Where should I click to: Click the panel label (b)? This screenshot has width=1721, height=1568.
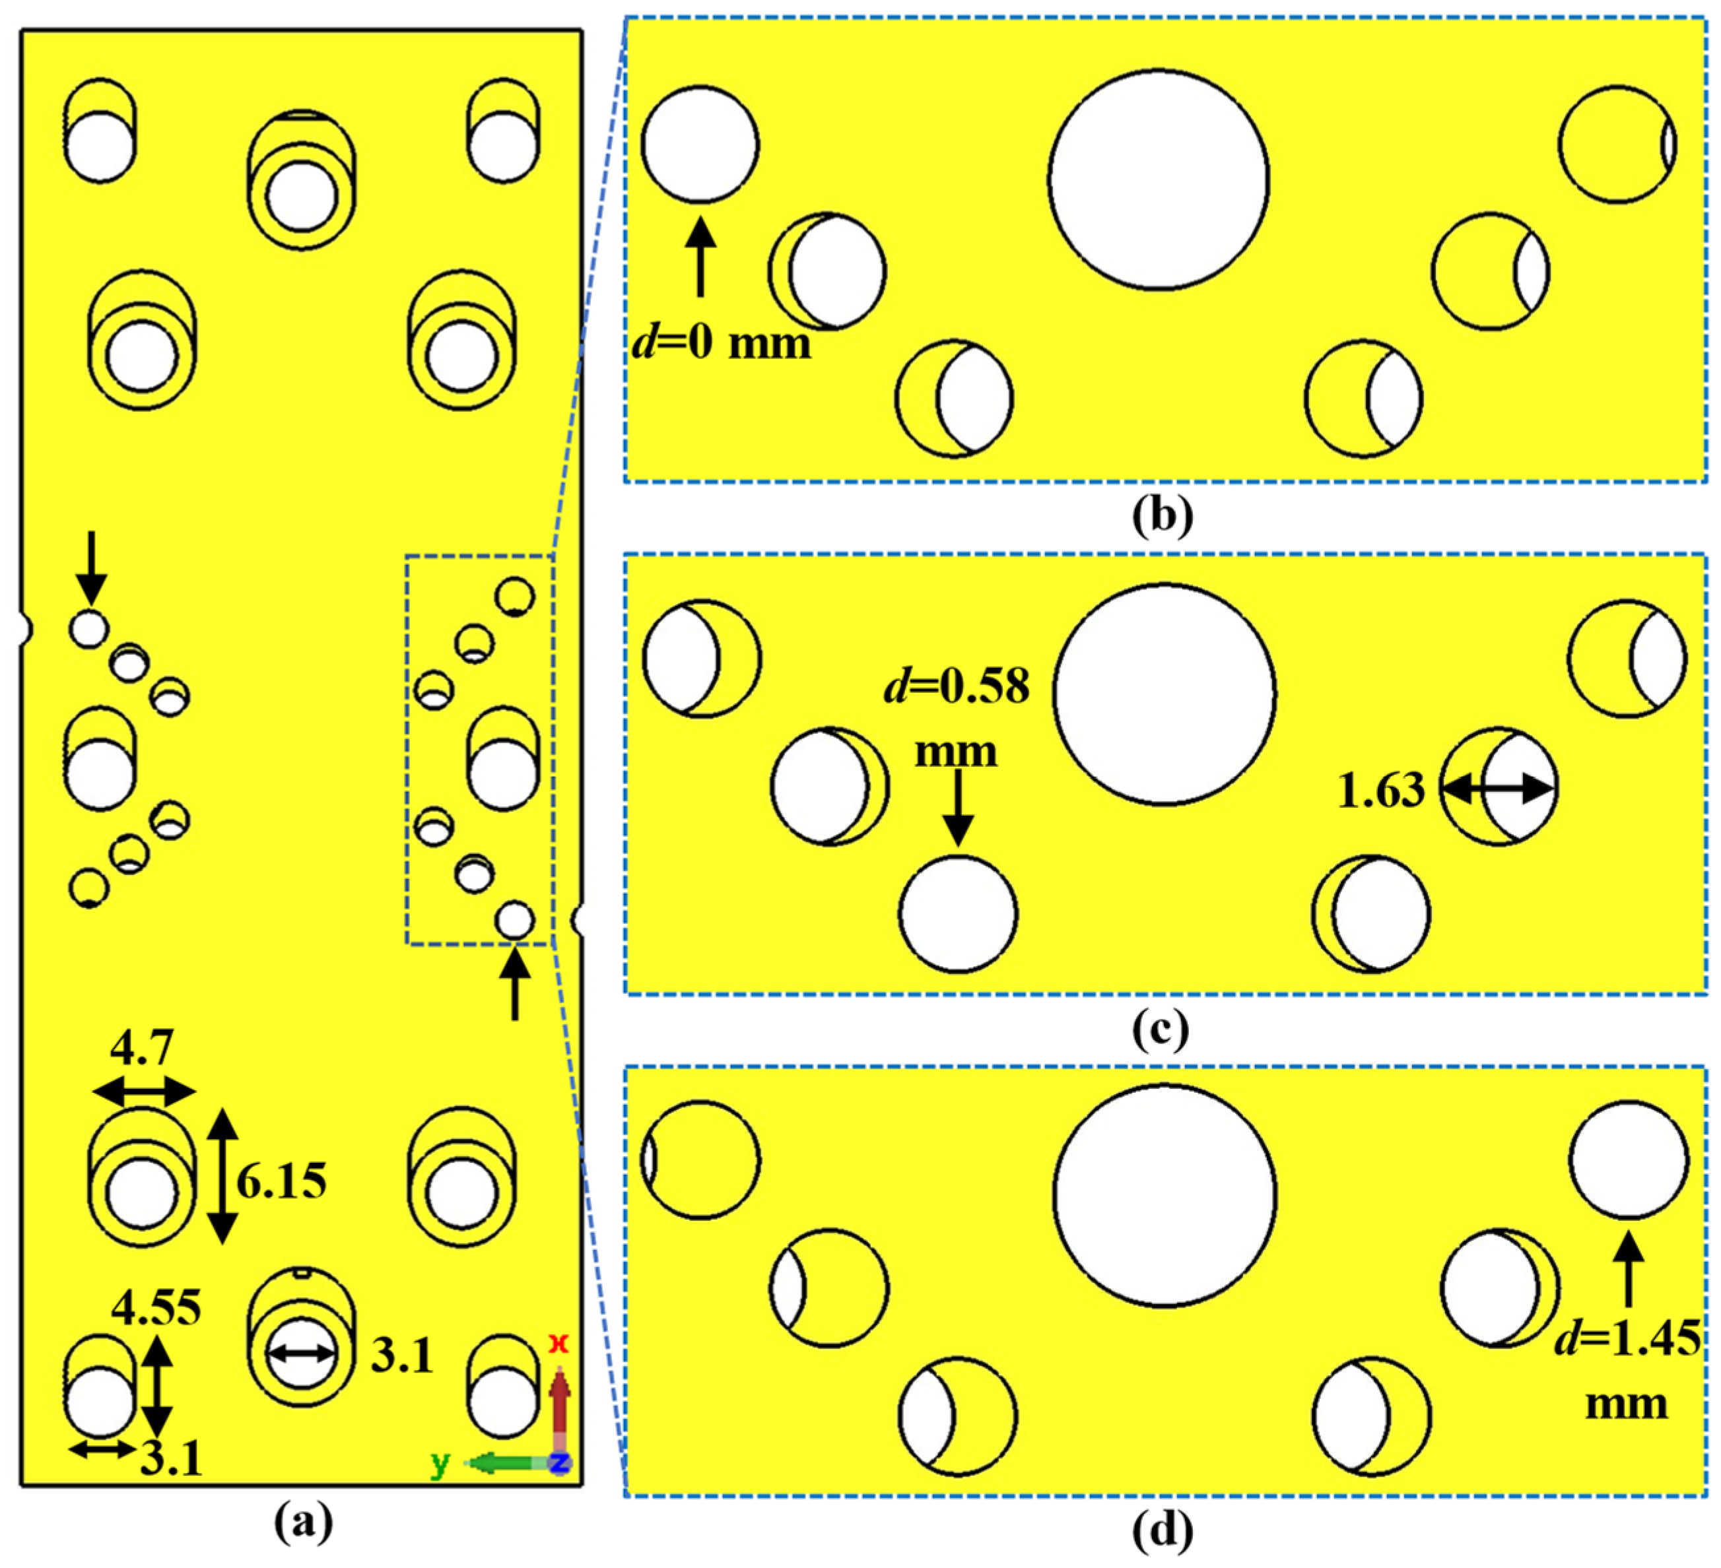(x=1162, y=517)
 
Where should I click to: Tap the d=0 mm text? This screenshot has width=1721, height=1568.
(x=722, y=343)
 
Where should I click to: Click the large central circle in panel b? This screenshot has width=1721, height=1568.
(x=1159, y=180)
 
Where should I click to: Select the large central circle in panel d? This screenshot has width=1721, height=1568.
(x=1164, y=1195)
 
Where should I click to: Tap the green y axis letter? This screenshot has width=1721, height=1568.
(x=440, y=1463)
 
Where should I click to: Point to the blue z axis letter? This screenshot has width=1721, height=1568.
(x=559, y=1463)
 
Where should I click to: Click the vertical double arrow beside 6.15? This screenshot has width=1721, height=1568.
(x=223, y=1176)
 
